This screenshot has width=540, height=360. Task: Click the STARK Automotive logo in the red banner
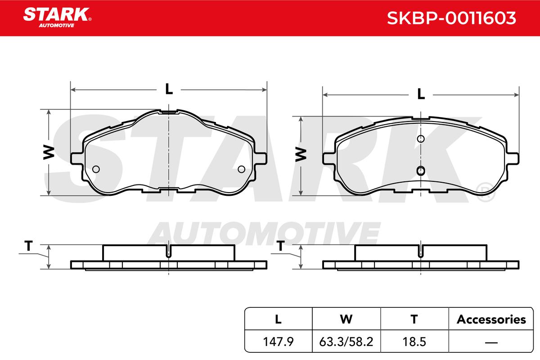click(57, 18)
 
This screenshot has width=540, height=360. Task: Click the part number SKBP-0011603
click(451, 18)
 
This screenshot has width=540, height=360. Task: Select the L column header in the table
click(278, 319)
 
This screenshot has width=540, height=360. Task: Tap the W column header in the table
click(346, 319)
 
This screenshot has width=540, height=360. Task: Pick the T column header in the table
click(414, 319)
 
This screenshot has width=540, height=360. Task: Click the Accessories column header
click(491, 319)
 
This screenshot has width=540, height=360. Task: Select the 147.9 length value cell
click(278, 342)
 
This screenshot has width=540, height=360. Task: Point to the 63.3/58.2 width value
click(346, 342)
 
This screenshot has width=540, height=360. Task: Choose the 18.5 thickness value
click(414, 342)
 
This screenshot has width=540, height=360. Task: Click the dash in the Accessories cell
click(491, 342)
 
